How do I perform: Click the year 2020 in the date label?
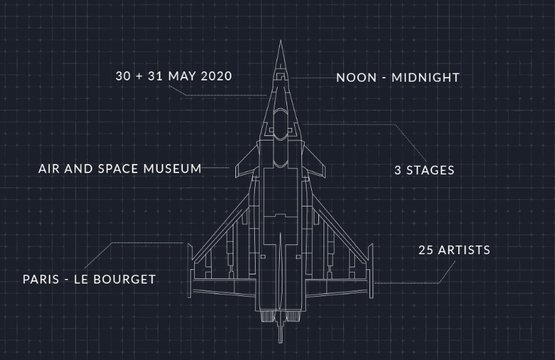pos(216,76)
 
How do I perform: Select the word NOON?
pos(356,78)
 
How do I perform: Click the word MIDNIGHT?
pos(426,78)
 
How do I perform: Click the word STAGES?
pos(430,171)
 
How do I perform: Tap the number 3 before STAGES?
pos(398,171)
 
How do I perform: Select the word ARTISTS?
pos(464,250)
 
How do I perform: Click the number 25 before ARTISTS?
pos(426,250)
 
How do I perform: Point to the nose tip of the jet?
pos(280,41)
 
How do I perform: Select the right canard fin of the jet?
pos(314,162)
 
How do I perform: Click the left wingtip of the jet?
pos(190,270)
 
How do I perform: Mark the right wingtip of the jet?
pos(371,270)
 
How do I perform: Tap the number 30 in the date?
pos(123,76)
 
